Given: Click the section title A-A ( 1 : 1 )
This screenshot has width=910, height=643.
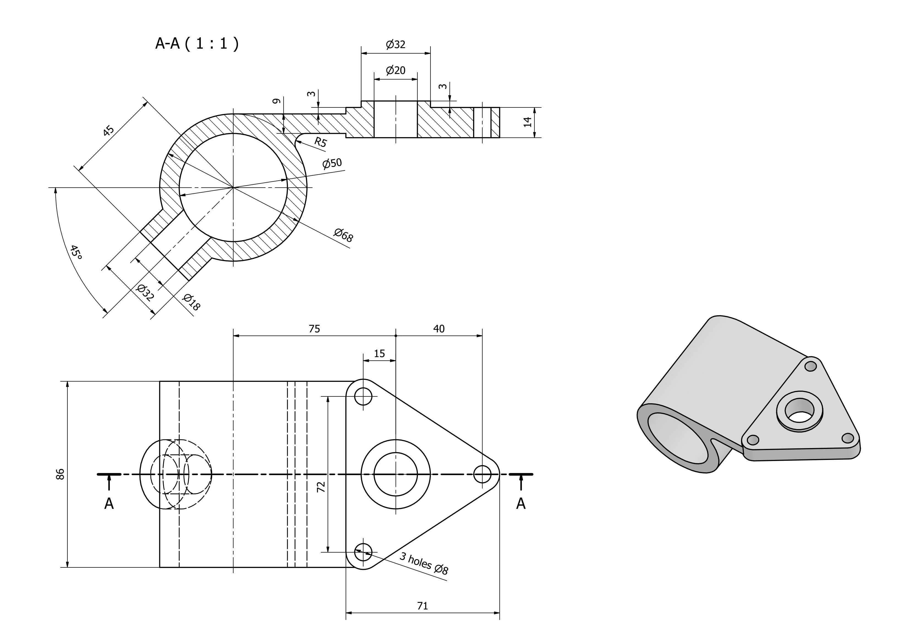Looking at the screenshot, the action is click(197, 43).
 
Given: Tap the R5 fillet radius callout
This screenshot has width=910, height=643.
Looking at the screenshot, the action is click(320, 142).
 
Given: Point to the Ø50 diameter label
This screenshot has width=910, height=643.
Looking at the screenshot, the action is click(332, 163).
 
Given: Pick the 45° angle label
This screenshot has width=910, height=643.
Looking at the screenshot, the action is click(76, 252).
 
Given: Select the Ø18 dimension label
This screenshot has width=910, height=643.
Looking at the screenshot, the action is click(191, 302).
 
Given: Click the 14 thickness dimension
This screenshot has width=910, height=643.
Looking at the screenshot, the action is click(527, 122).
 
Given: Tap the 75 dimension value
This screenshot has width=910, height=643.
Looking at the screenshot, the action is click(314, 329).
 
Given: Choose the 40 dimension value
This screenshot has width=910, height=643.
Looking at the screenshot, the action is click(439, 329).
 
